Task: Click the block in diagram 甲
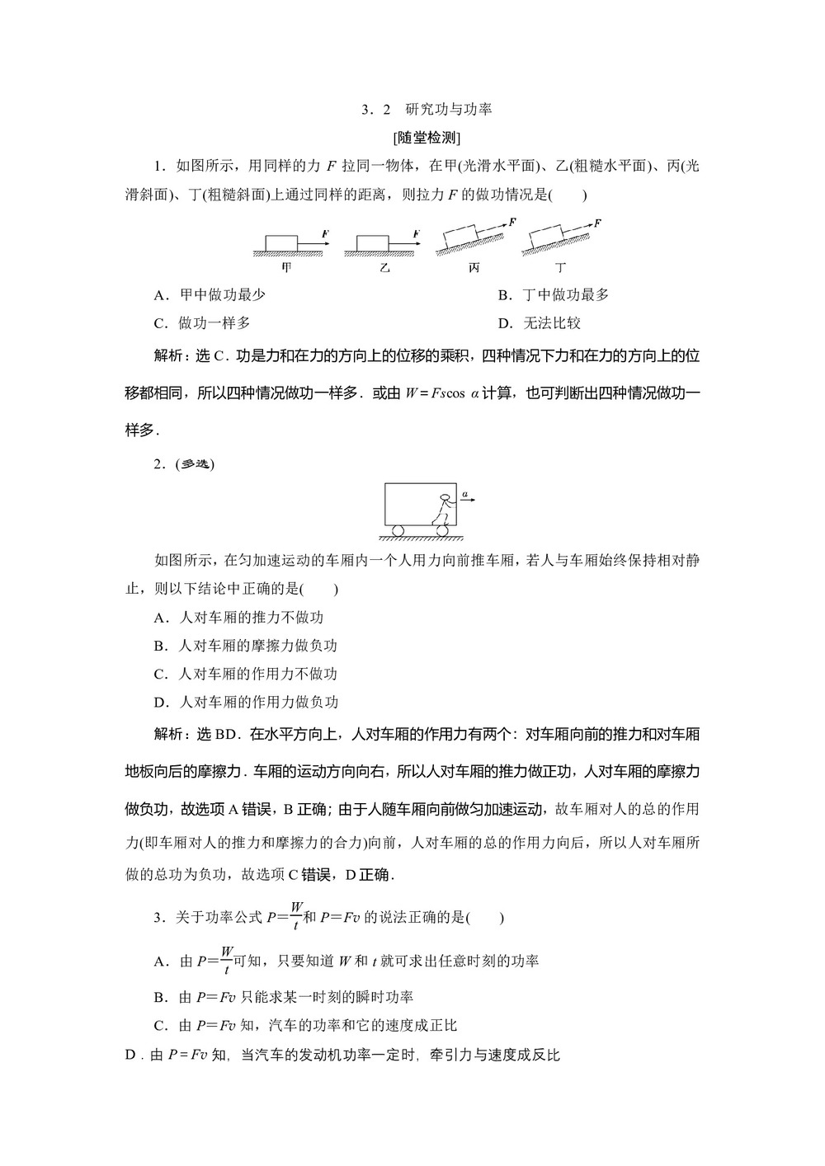(280, 242)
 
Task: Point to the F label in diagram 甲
(326, 235)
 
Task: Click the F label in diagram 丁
(597, 223)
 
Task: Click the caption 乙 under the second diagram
(384, 267)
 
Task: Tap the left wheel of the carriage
(398, 530)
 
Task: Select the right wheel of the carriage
(443, 530)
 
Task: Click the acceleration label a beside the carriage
(465, 495)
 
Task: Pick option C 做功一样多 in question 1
(202, 323)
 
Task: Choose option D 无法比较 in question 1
(540, 323)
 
